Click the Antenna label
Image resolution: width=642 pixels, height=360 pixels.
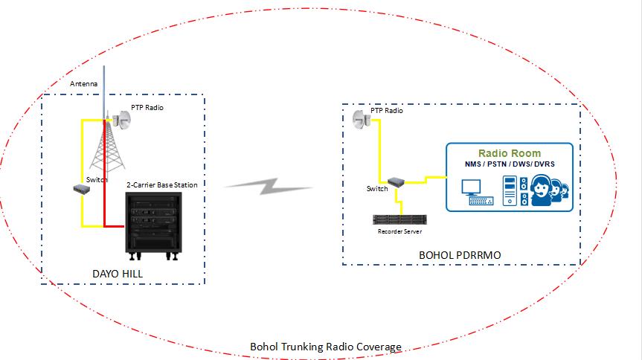(84, 84)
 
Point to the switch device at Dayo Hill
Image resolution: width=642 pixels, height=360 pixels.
(82, 190)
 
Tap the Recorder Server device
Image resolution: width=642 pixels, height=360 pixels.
(400, 220)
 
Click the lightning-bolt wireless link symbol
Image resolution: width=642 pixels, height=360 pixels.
(269, 185)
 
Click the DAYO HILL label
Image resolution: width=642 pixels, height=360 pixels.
(118, 274)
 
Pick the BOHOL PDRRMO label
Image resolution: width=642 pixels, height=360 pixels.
(460, 255)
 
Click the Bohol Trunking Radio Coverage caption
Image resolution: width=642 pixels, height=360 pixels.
(325, 347)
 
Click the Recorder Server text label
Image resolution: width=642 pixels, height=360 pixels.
(400, 232)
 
